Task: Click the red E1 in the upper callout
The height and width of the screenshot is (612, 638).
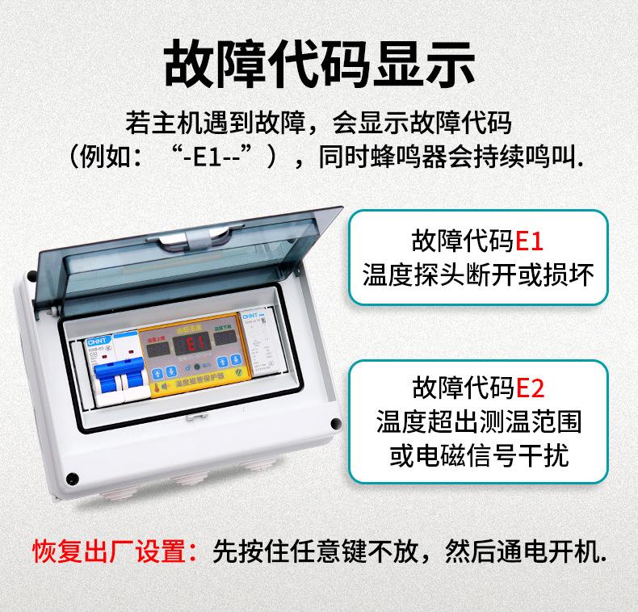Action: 530,241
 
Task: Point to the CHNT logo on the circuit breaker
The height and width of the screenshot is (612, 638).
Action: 97,342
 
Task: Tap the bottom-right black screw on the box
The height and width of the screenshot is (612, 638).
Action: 334,422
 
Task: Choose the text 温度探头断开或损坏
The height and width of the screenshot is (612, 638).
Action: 478,275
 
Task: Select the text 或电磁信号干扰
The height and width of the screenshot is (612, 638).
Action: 478,455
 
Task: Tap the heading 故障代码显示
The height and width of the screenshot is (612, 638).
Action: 318,62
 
